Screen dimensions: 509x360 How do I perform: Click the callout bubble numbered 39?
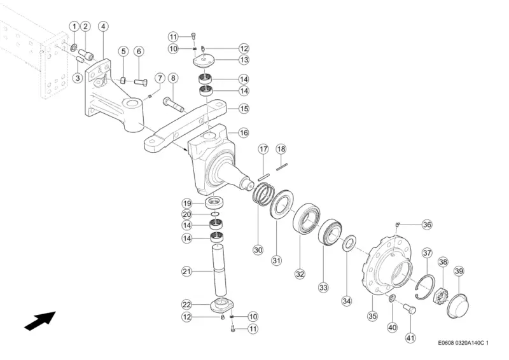459,271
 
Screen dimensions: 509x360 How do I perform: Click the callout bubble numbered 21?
186,271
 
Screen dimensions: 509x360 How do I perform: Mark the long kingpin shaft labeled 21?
220,272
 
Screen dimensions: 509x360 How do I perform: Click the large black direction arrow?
39,321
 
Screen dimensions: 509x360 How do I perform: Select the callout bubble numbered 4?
103,26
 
